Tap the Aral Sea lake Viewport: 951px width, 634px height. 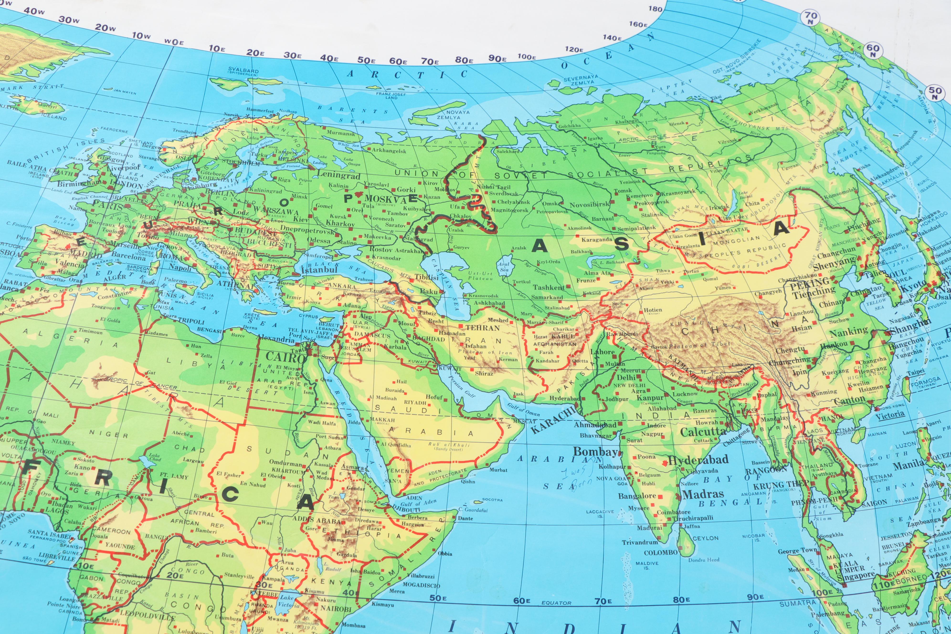504,267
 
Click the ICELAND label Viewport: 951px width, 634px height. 54,117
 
